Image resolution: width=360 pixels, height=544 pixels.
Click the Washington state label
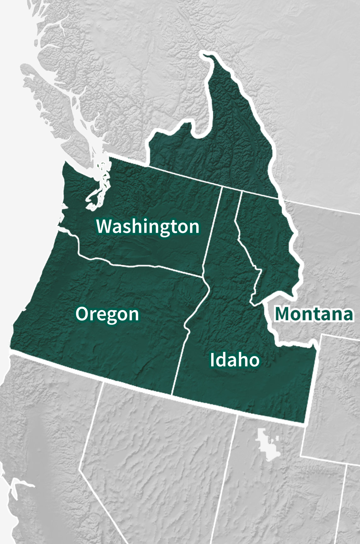pyautogui.click(x=148, y=226)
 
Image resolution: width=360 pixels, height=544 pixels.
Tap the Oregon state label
pyautogui.click(x=107, y=314)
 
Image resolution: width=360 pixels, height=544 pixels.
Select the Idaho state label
pyautogui.click(x=235, y=360)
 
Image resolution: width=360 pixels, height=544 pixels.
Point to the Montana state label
pyautogui.click(x=314, y=314)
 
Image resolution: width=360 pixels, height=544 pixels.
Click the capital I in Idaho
pyautogui.click(x=212, y=360)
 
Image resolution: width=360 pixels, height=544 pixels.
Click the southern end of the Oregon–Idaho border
pyautogui.click(x=172, y=395)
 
